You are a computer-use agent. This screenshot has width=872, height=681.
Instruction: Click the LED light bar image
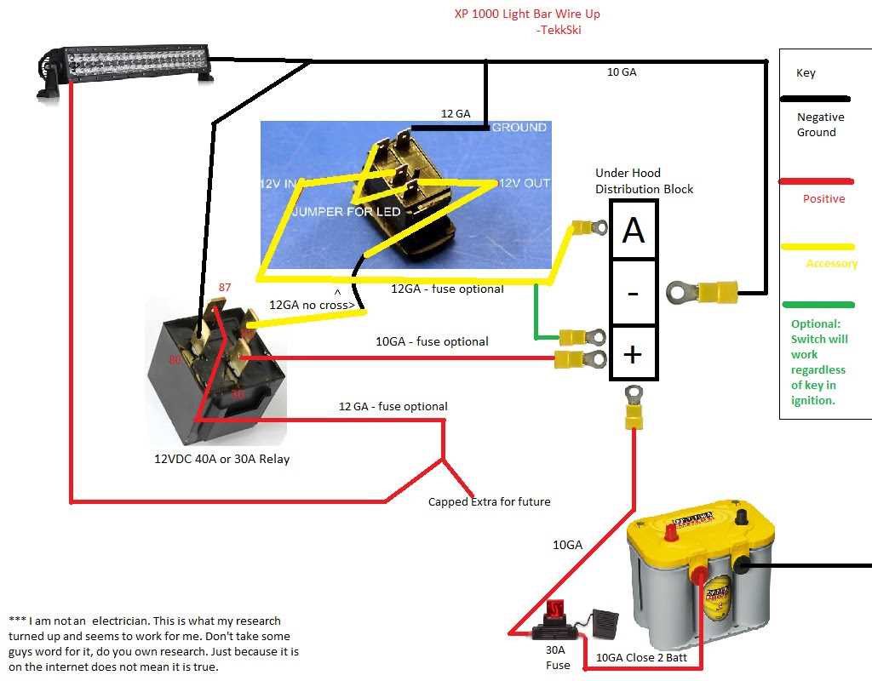click(126, 65)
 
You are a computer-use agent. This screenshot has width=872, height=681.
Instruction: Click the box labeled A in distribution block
click(634, 230)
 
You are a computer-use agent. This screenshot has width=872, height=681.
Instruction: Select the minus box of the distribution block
click(634, 293)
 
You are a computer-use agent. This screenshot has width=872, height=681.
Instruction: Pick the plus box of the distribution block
click(634, 353)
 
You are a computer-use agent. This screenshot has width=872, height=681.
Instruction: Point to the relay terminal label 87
click(225, 288)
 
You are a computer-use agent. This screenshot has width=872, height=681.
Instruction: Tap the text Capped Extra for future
click(489, 502)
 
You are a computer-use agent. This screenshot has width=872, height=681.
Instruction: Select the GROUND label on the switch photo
click(519, 128)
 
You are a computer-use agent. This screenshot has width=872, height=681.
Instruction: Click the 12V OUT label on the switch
click(524, 184)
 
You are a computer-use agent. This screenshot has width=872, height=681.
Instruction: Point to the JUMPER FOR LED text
click(346, 211)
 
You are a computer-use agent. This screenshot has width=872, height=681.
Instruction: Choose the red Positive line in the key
click(816, 181)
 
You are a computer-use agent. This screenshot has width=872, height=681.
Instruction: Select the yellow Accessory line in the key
click(817, 247)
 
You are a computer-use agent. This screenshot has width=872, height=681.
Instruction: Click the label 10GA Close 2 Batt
click(633, 658)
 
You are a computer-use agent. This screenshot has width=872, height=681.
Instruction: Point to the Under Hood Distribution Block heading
click(644, 180)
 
